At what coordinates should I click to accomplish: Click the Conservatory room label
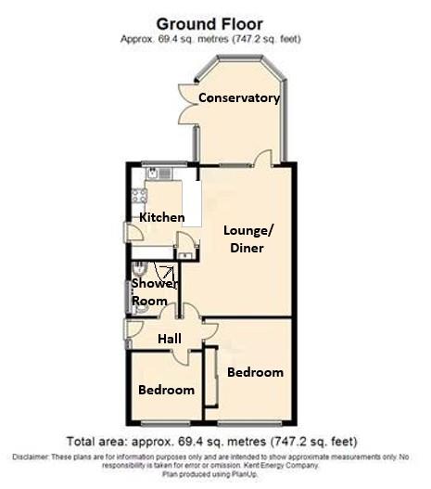[x=238, y=97]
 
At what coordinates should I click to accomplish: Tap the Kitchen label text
[x=162, y=217]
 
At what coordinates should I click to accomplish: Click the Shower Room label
[x=151, y=292]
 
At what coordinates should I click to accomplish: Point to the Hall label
[x=169, y=339]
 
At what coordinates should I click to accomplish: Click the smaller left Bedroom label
[x=166, y=390]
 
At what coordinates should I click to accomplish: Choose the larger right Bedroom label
[x=255, y=372]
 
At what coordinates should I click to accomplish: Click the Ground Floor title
[x=209, y=22]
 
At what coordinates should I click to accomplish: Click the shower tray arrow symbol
[x=167, y=273]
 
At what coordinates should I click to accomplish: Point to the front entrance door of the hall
[x=132, y=330]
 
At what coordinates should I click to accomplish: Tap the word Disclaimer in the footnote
[x=34, y=457]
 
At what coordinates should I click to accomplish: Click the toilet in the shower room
[x=136, y=268]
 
